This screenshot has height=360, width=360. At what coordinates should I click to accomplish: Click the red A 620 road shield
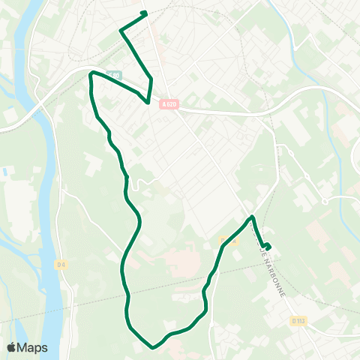pyautogui.click(x=169, y=104)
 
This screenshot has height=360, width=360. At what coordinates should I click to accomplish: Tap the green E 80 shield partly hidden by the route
pyautogui.click(x=113, y=74)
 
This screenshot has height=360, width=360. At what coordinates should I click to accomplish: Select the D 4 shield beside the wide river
pyautogui.click(x=61, y=264)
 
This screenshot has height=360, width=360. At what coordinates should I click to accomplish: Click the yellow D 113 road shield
pyautogui.click(x=297, y=321)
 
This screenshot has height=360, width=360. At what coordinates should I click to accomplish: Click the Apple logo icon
pyautogui.click(x=12, y=347)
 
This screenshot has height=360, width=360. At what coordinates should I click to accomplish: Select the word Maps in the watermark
pyautogui.click(x=34, y=347)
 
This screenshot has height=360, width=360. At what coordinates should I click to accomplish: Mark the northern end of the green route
pyautogui.click(x=145, y=13)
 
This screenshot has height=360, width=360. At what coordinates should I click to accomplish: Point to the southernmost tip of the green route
pyautogui.click(x=152, y=347)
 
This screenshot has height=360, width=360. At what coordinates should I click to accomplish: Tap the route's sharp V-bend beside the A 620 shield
pyautogui.click(x=148, y=100)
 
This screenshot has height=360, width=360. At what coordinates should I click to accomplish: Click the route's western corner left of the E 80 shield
pyautogui.click(x=91, y=73)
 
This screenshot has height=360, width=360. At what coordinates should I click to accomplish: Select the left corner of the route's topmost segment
pyautogui.click(x=121, y=30)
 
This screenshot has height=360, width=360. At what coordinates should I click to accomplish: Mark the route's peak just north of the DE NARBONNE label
pyautogui.click(x=252, y=217)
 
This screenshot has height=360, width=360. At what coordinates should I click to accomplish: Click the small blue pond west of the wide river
pyautogui.click(x=6, y=172)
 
